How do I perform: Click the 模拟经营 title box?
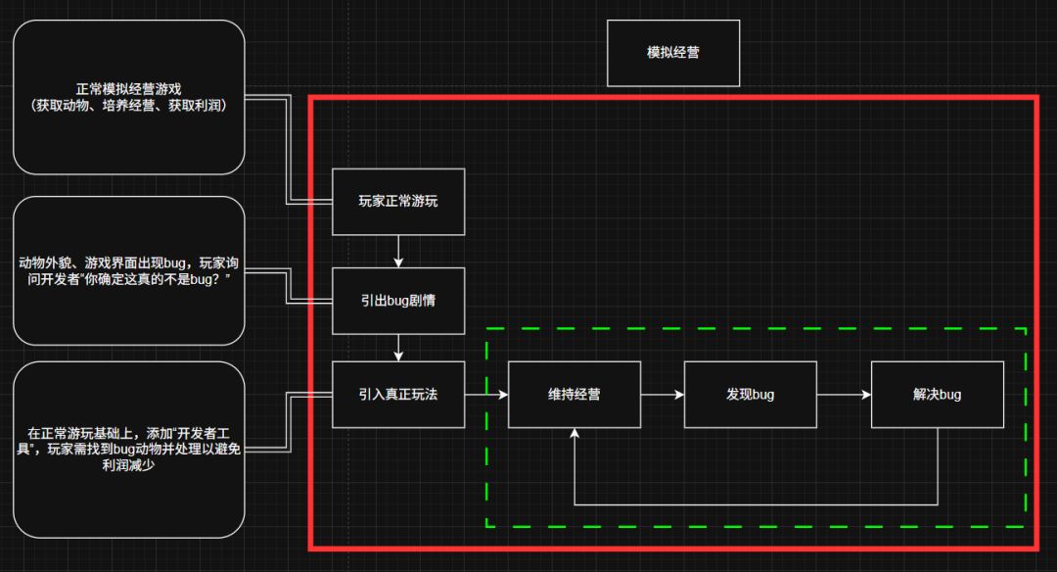click(672, 53)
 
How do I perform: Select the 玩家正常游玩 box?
click(398, 202)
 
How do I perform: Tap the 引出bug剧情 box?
click(398, 300)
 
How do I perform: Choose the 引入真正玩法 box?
click(398, 395)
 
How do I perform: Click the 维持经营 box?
click(574, 395)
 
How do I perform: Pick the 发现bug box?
click(751, 395)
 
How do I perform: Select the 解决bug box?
click(937, 395)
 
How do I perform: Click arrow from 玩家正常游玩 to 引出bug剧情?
click(398, 251)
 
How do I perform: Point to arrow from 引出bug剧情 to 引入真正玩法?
click(398, 347)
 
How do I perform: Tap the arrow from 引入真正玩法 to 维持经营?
click(486, 395)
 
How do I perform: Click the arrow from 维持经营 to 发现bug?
click(663, 395)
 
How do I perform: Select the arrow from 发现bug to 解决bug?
click(844, 395)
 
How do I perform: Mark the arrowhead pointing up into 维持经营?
click(574, 435)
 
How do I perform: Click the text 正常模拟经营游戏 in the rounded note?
click(128, 88)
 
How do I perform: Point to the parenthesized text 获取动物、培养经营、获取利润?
click(128, 105)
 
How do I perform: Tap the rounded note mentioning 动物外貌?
click(128, 271)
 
